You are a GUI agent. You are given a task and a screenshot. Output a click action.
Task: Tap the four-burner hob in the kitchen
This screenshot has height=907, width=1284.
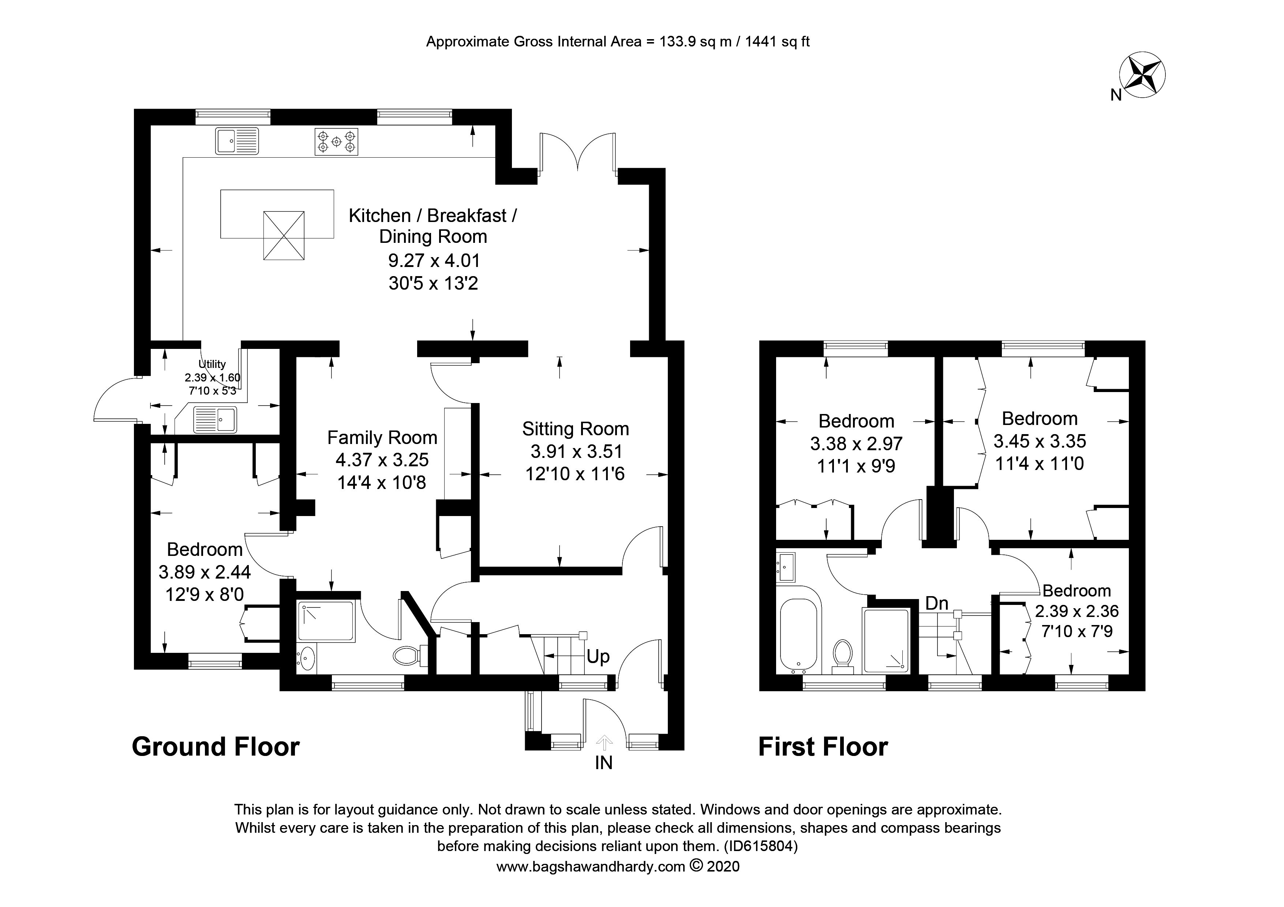click(x=336, y=142)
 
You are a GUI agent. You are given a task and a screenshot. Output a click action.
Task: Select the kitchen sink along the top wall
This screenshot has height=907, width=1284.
click(x=237, y=141)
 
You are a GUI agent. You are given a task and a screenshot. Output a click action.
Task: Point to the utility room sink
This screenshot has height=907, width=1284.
click(x=215, y=420)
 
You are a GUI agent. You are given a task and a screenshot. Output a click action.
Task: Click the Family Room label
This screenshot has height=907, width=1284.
click(x=382, y=437)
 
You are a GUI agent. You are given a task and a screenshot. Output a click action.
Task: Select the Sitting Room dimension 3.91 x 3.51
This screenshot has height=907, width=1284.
click(x=576, y=452)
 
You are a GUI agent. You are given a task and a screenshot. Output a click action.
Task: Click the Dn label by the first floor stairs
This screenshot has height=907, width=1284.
click(x=937, y=603)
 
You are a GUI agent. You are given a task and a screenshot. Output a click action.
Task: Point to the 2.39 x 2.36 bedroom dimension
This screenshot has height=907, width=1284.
click(x=1077, y=611)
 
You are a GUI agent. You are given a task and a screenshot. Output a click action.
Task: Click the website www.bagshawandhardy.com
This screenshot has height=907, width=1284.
click(x=591, y=867)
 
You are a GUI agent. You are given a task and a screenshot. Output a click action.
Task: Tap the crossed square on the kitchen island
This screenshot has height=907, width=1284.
click(x=284, y=235)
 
